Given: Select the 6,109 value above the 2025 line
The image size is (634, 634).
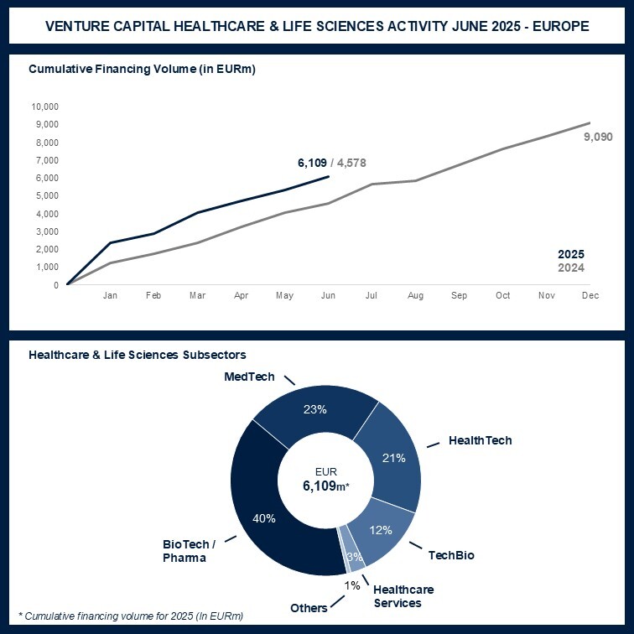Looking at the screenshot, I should [x=312, y=163].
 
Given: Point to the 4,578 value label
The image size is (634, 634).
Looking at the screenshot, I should [x=350, y=163].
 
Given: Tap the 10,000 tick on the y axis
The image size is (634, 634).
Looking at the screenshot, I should [x=44, y=107].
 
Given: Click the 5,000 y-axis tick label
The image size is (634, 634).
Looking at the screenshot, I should [x=46, y=195].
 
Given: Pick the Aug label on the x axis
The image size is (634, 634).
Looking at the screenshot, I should [x=415, y=296].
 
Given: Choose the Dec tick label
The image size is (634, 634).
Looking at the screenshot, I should [x=590, y=296].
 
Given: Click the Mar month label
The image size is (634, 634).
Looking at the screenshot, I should [x=196, y=296].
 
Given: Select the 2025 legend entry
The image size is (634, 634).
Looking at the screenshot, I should [x=571, y=254].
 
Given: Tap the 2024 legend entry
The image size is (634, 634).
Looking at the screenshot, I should [x=571, y=268].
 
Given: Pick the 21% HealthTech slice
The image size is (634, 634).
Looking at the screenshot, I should [x=392, y=458].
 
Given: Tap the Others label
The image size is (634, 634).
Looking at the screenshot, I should [x=309, y=607].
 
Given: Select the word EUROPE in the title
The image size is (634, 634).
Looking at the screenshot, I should [x=559, y=26].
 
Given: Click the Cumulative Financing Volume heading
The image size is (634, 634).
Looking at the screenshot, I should [x=142, y=69].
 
